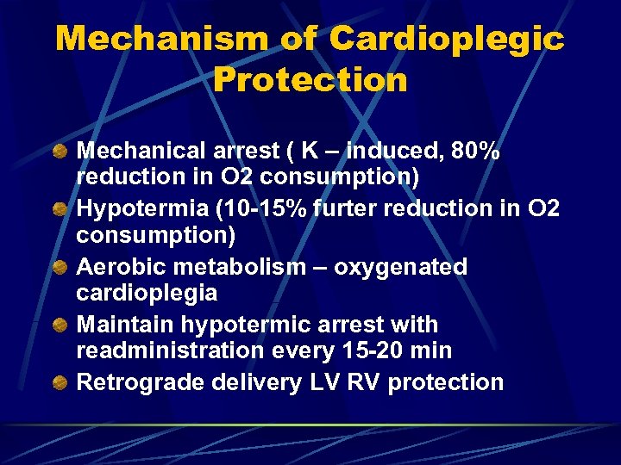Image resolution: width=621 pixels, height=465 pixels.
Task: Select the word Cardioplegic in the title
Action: (447, 38)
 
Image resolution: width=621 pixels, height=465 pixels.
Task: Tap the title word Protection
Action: (310, 79)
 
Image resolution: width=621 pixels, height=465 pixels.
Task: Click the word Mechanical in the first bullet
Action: (142, 152)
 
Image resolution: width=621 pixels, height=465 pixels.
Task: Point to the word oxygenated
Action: (400, 267)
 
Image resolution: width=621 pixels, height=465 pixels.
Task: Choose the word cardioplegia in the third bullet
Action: (147, 293)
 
